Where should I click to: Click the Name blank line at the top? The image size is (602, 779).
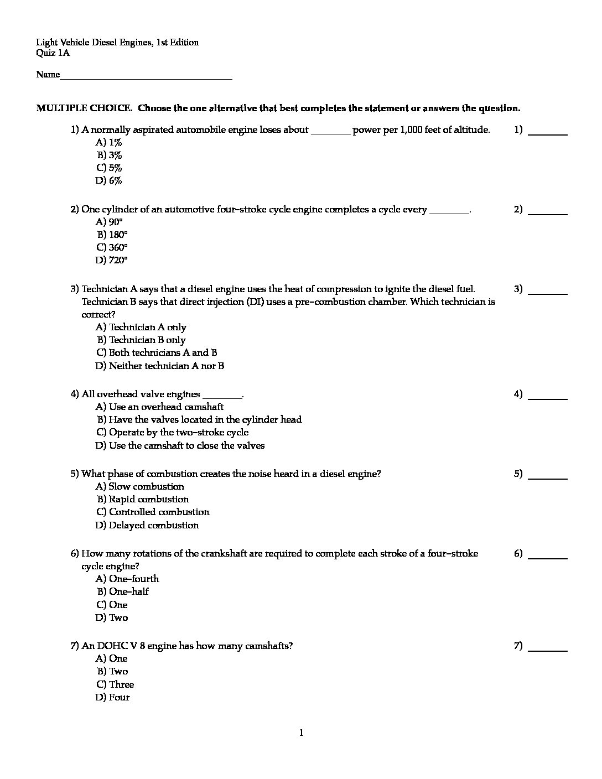coord(146,76)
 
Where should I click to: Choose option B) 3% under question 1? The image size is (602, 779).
coord(110,155)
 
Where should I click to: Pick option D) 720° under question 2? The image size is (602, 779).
coord(111,260)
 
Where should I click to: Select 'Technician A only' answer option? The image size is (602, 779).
coord(141,327)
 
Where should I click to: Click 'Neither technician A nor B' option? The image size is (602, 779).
coord(160,366)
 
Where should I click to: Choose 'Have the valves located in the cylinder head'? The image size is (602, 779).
coord(199,419)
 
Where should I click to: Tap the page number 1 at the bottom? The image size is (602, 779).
coord(301,733)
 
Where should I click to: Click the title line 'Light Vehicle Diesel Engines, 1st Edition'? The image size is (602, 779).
coord(117,43)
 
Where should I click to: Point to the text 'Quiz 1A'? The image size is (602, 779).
coord(53,54)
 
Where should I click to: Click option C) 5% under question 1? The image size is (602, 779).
coord(109,168)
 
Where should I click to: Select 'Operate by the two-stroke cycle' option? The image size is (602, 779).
coord(172,432)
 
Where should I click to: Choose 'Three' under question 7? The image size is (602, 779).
coord(115,684)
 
